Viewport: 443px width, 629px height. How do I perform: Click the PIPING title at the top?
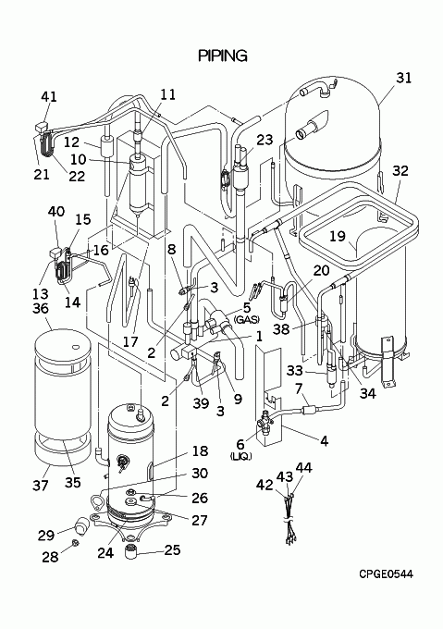coord(223,55)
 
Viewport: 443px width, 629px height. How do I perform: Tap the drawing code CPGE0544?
coord(386,573)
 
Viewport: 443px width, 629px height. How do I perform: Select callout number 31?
coord(404,78)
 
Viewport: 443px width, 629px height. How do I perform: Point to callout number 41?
coord(49,97)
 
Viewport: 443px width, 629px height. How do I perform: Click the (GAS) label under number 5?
coord(247,320)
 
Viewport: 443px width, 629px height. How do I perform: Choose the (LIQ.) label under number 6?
coord(240,456)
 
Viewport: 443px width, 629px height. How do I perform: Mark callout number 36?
coord(41,308)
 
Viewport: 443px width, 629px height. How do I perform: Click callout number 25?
coord(172,550)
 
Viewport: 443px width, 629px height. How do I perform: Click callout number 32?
coord(400,170)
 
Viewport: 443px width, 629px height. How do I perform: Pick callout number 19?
coord(338,236)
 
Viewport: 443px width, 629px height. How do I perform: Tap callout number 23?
coord(265,140)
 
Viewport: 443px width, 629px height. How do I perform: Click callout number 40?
coord(56,211)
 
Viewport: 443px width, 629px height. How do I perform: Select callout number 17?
coord(130,341)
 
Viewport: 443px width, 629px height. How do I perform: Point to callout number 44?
coord(304,467)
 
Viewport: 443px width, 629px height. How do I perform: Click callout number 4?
coord(325,441)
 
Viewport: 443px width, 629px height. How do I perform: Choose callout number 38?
coord(281,329)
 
